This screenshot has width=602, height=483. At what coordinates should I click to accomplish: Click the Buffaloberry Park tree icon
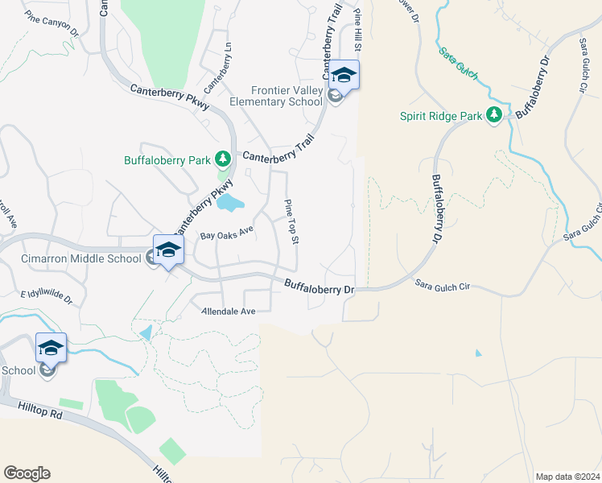pyautogui.click(x=223, y=159)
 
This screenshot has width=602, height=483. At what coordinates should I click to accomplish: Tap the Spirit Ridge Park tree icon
pyautogui.click(x=494, y=116)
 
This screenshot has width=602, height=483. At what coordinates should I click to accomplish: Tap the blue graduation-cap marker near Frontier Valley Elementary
pyautogui.click(x=344, y=75)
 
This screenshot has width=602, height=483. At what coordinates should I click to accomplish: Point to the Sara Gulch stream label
pyautogui.click(x=458, y=64)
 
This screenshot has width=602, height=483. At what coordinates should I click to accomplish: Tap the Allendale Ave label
pyautogui.click(x=228, y=311)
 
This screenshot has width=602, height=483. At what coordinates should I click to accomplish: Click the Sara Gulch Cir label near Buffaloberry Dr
pyautogui.click(x=442, y=284)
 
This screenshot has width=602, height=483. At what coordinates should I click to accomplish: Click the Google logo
pyautogui.click(x=27, y=473)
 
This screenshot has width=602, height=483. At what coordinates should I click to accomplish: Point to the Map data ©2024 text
pyautogui.click(x=567, y=477)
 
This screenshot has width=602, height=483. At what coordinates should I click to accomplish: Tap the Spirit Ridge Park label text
pyautogui.click(x=440, y=116)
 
